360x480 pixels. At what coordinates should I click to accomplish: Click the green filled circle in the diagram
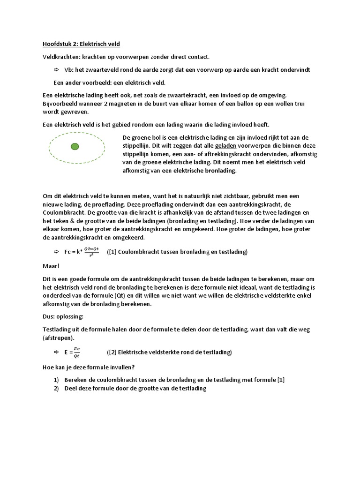click(x=75, y=147)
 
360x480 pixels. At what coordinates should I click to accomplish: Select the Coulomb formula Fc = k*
click(x=81, y=252)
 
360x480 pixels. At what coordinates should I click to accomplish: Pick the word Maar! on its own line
click(x=51, y=266)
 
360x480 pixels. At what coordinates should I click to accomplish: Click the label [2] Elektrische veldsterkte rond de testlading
click(x=169, y=352)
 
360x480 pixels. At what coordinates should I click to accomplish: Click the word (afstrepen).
click(x=59, y=338)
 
